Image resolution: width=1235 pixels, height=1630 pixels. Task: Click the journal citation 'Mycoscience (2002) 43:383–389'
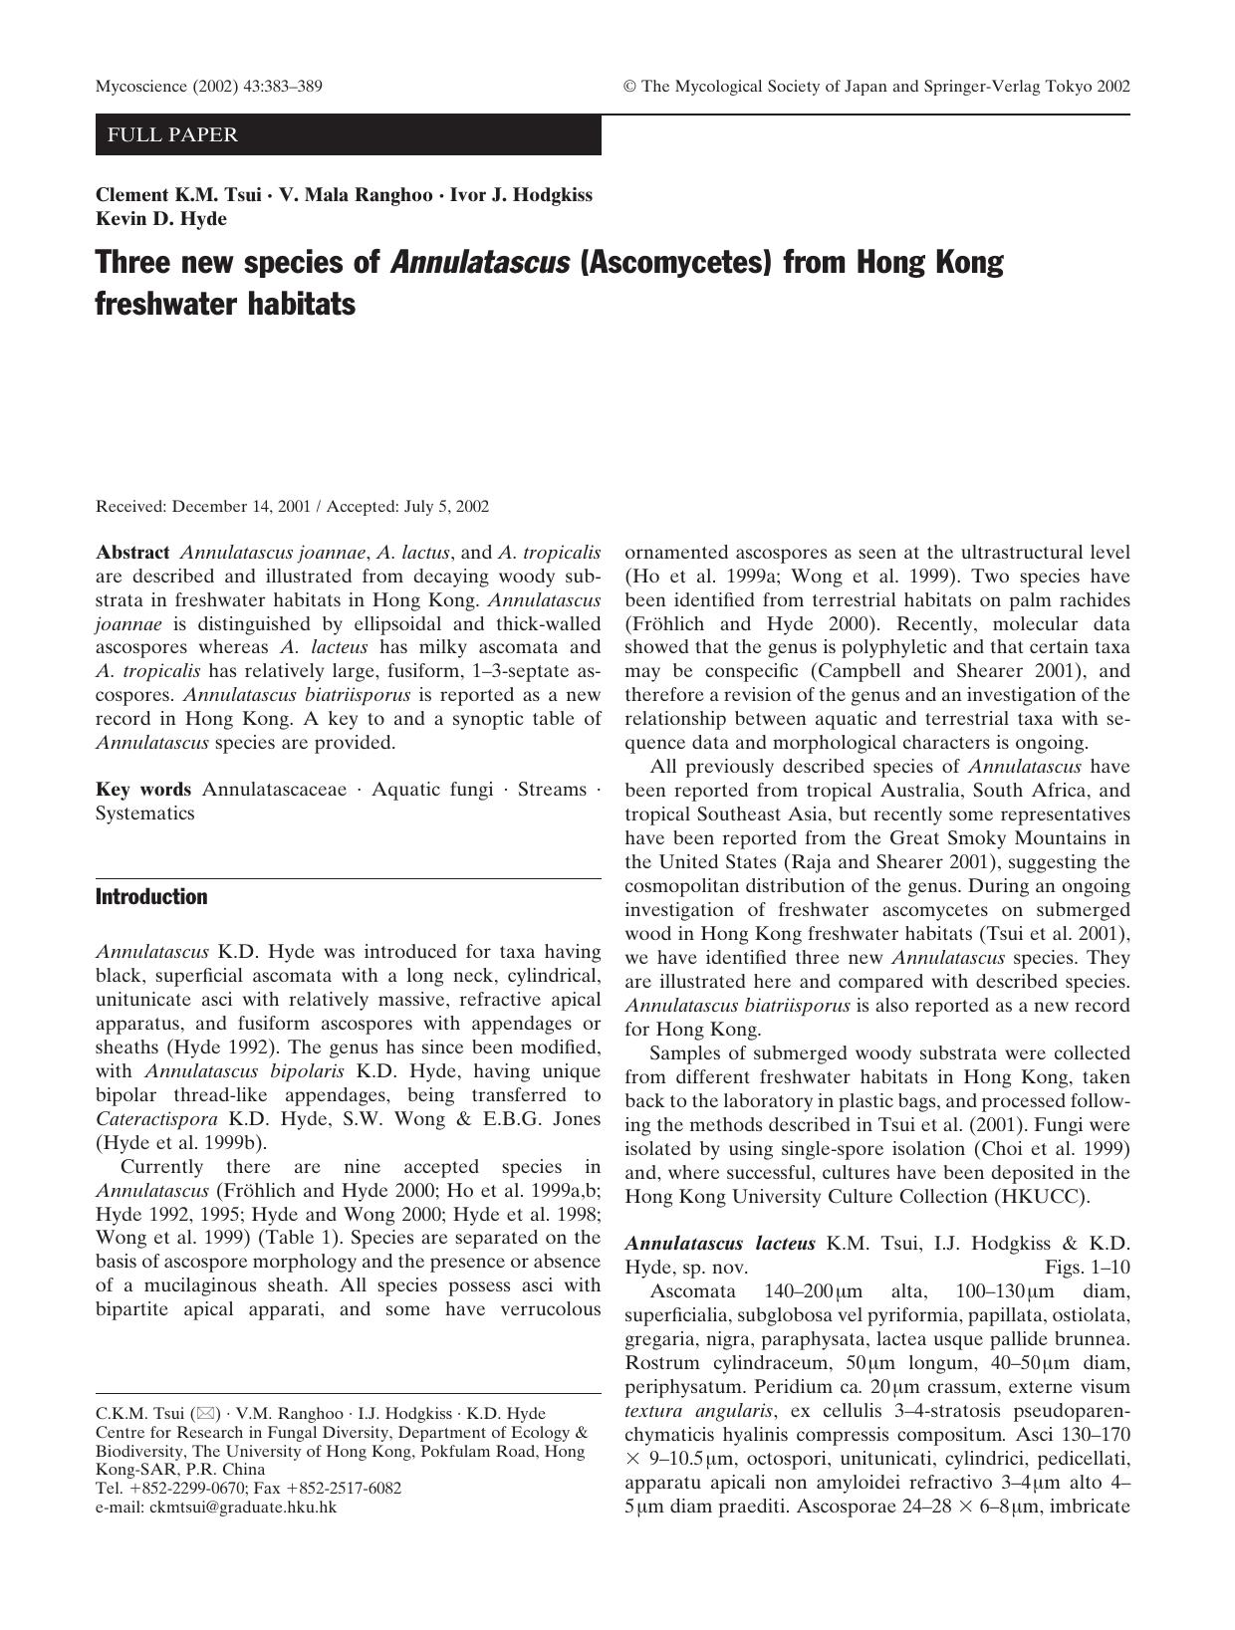[208, 87]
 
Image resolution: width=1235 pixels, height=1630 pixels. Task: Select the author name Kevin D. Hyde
[161, 219]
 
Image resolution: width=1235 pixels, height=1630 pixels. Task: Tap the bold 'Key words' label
[143, 790]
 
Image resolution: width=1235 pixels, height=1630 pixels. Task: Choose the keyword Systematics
[145, 814]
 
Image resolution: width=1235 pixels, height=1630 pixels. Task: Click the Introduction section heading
[151, 897]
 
